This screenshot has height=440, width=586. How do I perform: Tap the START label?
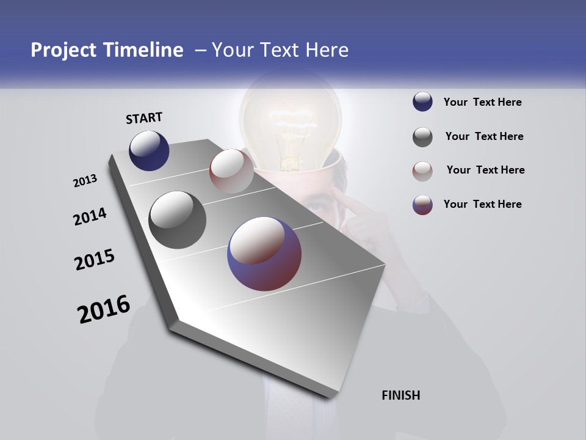pyautogui.click(x=144, y=118)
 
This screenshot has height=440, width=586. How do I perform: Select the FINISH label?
pyautogui.click(x=401, y=395)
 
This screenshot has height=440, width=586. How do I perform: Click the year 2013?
pyautogui.click(x=85, y=181)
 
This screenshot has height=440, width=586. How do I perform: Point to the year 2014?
pyautogui.click(x=90, y=216)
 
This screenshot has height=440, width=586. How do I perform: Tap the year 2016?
pyautogui.click(x=104, y=309)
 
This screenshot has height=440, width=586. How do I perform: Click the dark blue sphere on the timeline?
pyautogui.click(x=149, y=150)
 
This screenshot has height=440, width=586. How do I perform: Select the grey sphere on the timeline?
pyautogui.click(x=177, y=220)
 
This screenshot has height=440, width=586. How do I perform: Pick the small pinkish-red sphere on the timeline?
pyautogui.click(x=231, y=171)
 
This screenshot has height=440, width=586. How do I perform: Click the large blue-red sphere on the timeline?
pyautogui.click(x=264, y=254)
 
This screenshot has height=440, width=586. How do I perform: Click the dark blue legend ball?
pyautogui.click(x=422, y=102)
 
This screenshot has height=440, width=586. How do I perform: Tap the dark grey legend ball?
pyautogui.click(x=422, y=137)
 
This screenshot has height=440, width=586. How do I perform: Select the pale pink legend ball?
pyautogui.click(x=422, y=170)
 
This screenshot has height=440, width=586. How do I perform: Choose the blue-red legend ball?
pyautogui.click(x=422, y=205)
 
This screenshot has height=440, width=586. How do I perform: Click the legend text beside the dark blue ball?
pyautogui.click(x=482, y=102)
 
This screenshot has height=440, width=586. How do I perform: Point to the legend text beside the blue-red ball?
pyautogui.click(x=482, y=204)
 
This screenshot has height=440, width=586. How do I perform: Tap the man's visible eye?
pyautogui.click(x=316, y=207)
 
